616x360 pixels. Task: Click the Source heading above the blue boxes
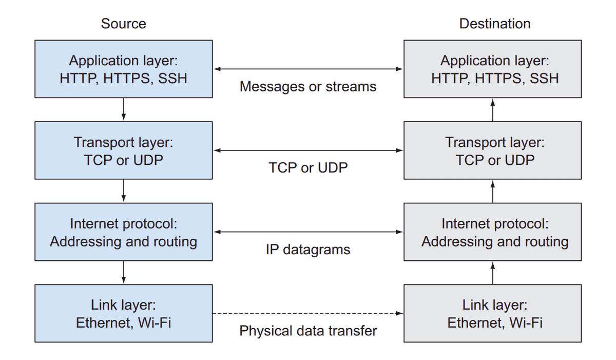click(x=123, y=24)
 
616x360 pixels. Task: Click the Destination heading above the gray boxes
click(x=495, y=24)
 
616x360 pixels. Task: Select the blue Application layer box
click(x=123, y=69)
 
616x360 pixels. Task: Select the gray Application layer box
click(x=493, y=69)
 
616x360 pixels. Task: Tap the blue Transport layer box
click(x=123, y=150)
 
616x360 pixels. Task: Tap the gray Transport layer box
click(x=493, y=150)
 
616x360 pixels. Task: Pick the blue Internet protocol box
click(x=123, y=232)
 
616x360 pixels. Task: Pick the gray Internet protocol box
click(x=493, y=232)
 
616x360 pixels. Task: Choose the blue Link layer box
click(x=123, y=313)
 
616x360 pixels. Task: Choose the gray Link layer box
click(x=493, y=313)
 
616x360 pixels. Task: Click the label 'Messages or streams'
click(x=308, y=86)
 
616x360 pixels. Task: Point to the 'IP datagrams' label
click(x=308, y=250)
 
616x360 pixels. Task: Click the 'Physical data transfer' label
click(x=308, y=331)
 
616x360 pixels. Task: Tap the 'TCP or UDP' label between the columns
click(x=308, y=167)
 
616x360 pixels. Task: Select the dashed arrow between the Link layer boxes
click(x=308, y=313)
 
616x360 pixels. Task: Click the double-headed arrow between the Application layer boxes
click(x=308, y=69)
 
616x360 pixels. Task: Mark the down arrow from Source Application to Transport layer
click(x=124, y=109)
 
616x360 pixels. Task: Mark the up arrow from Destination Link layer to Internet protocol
click(x=493, y=272)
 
